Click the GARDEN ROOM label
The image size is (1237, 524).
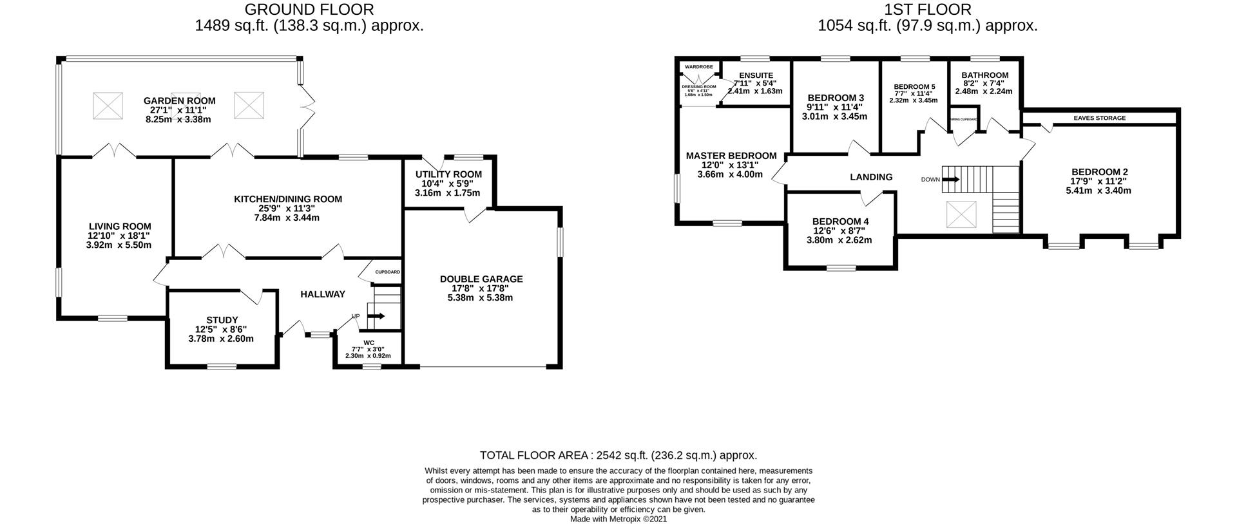point(179,100)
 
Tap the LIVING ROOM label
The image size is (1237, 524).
point(120,226)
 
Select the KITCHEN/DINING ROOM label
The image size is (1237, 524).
point(287,199)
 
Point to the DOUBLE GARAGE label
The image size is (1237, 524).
point(481,279)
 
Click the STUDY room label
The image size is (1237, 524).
point(222,320)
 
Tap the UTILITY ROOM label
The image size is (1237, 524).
point(448,174)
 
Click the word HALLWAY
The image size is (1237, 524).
point(323,294)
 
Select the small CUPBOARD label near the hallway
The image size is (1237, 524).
point(388,272)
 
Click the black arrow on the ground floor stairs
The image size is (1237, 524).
point(376,316)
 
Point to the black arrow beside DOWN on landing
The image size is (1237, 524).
point(951,180)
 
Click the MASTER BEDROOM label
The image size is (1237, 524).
point(731,156)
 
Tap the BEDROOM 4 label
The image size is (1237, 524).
point(839,221)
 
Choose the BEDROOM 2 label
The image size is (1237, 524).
point(1100,172)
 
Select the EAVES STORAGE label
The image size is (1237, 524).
point(1100,118)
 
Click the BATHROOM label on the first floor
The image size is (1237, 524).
point(985,75)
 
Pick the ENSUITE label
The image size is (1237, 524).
point(756,75)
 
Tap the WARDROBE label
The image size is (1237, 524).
point(698,66)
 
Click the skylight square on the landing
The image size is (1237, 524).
point(961,214)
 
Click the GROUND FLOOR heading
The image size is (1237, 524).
point(309,9)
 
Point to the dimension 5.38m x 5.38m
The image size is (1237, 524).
point(481,298)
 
